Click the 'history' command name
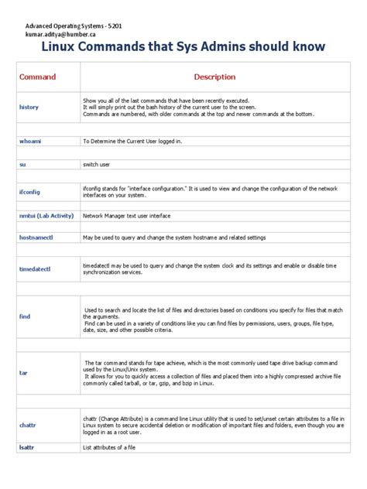click(28, 107)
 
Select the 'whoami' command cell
click(29, 142)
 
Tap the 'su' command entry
click(22, 165)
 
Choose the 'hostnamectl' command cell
click(36, 238)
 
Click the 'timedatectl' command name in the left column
click(34, 268)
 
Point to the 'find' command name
click(24, 316)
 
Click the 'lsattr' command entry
click(27, 446)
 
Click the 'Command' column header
click(37, 77)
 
